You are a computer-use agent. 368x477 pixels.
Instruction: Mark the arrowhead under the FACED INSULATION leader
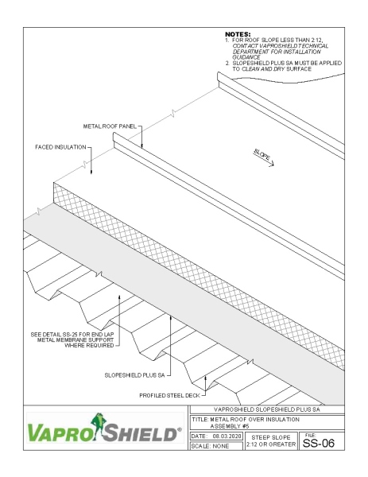92,173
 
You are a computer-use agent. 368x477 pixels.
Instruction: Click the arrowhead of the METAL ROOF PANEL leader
141,147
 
